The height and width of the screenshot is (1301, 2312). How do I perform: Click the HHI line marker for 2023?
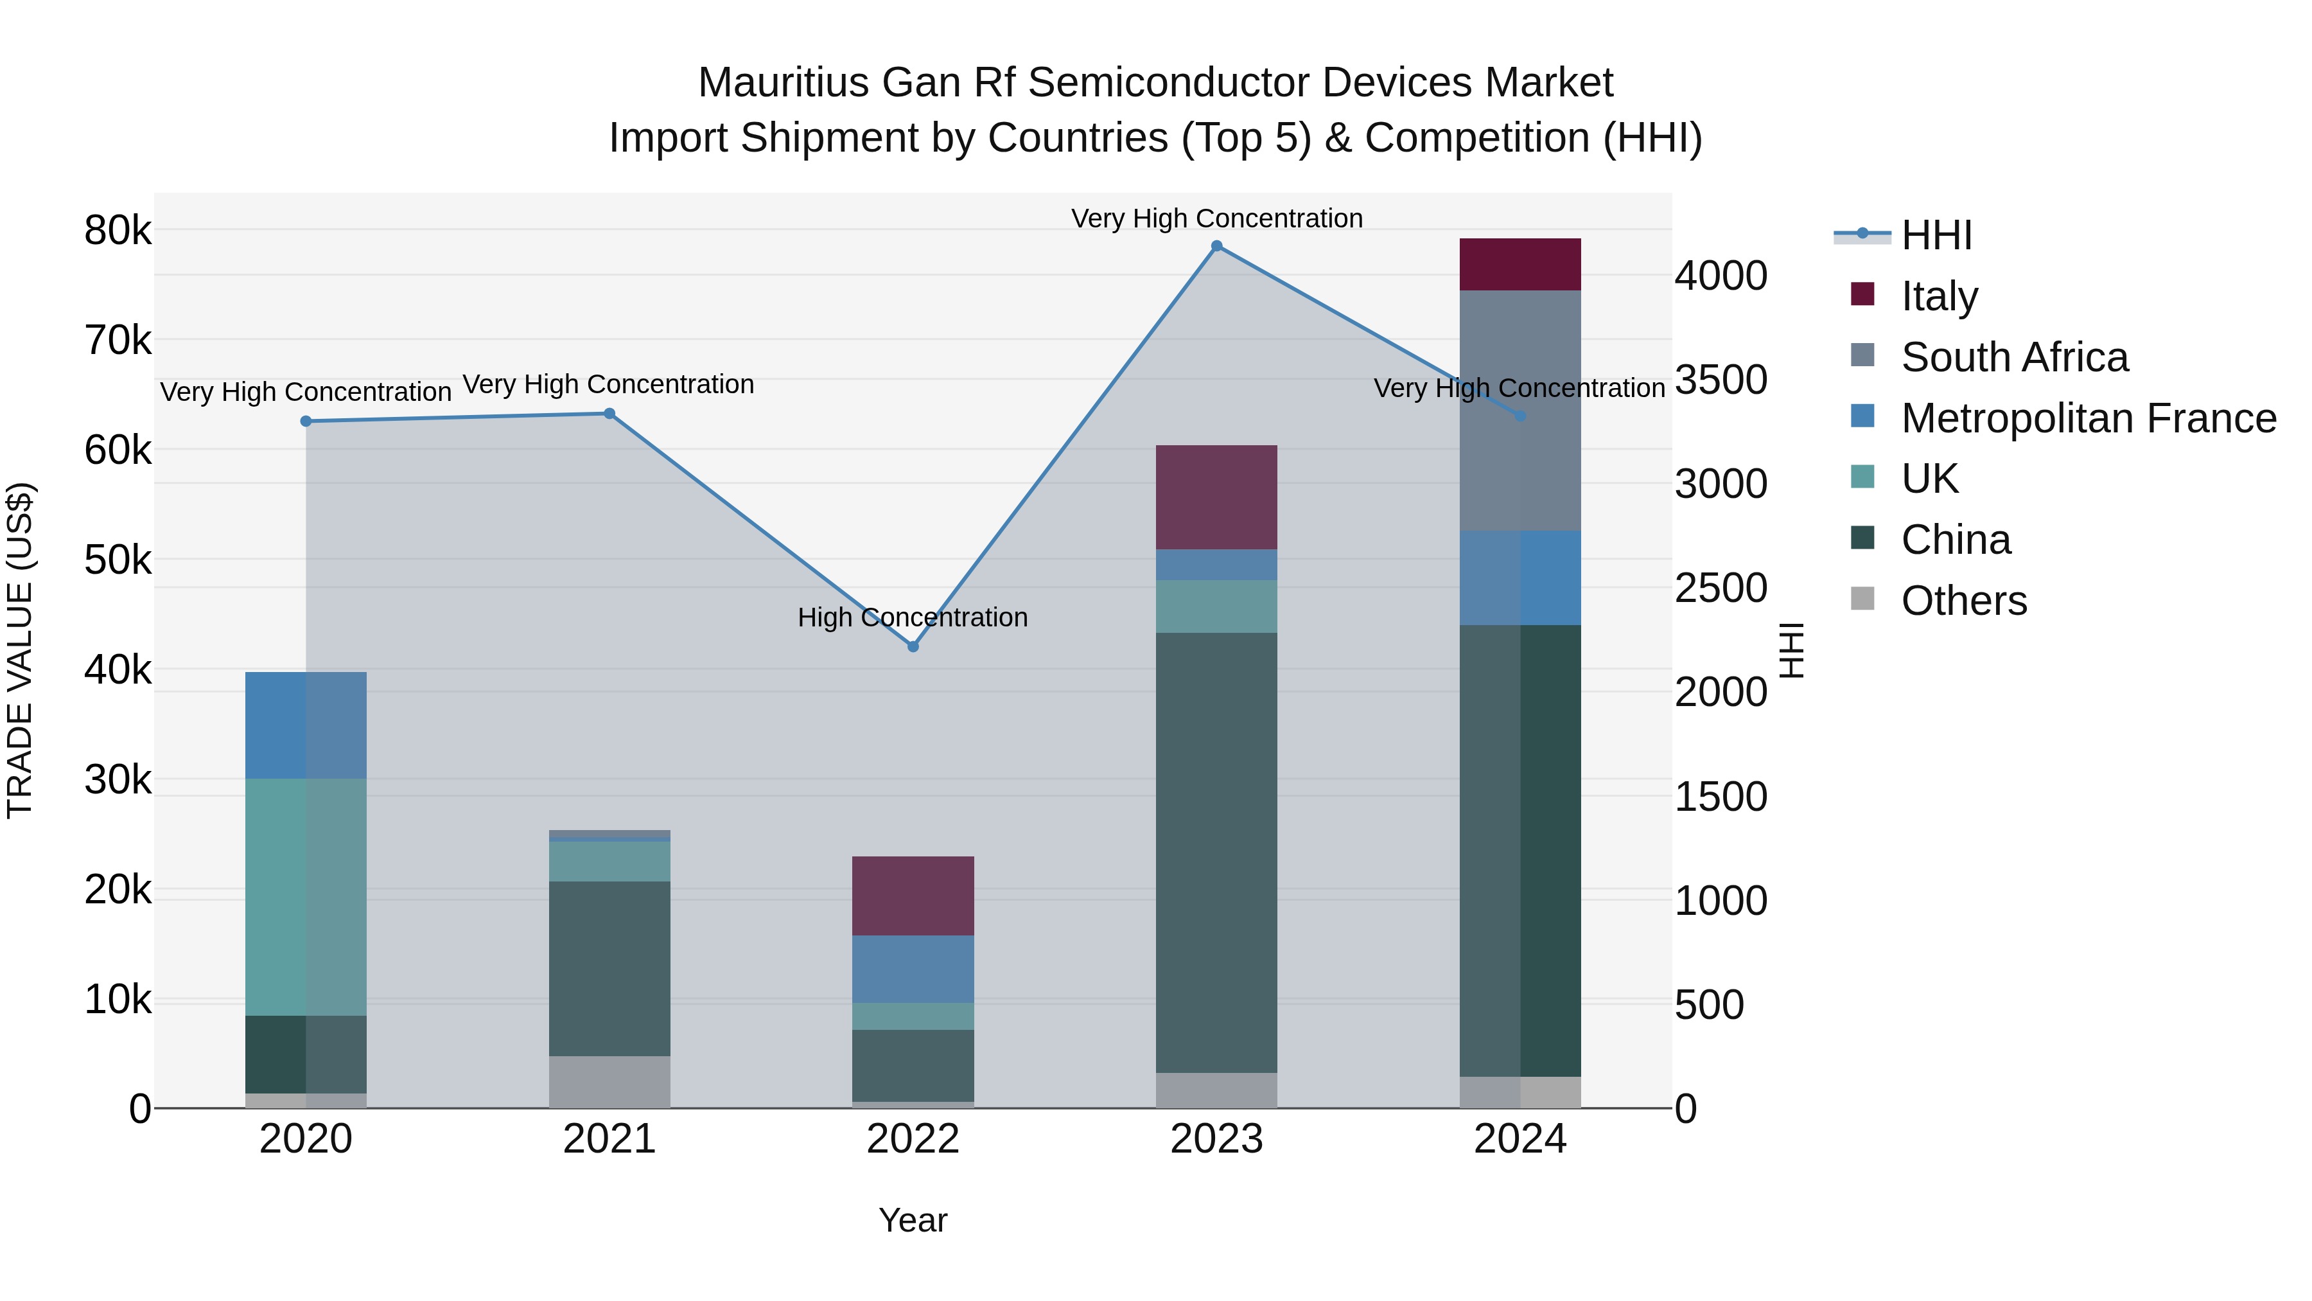click(1216, 246)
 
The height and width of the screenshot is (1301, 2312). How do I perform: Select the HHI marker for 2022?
click(913, 646)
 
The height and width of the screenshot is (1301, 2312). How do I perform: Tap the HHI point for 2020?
click(306, 421)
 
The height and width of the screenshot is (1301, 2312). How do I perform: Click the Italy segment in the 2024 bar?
click(1519, 264)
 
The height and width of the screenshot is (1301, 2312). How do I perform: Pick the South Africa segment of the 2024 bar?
click(1519, 411)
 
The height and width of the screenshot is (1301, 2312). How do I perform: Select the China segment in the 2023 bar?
click(1216, 853)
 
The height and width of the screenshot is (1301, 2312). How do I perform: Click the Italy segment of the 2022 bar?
click(913, 896)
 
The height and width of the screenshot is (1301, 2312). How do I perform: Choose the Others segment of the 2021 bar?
click(609, 1082)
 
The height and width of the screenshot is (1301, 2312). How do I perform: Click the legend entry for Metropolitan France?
click(2088, 418)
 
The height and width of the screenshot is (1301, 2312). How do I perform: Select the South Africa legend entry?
click(2014, 357)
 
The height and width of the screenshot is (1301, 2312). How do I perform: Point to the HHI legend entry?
click(1936, 235)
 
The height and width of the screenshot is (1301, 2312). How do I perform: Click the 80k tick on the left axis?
click(118, 231)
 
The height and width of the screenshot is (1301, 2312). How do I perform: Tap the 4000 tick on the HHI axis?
click(1721, 276)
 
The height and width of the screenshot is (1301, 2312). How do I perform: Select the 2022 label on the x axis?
click(913, 1139)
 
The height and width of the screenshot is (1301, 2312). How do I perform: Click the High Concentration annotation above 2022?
click(913, 617)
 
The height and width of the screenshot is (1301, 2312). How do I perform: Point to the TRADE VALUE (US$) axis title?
click(21, 650)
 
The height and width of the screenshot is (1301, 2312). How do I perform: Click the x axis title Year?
click(913, 1220)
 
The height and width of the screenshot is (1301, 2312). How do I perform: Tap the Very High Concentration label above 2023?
click(1216, 218)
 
